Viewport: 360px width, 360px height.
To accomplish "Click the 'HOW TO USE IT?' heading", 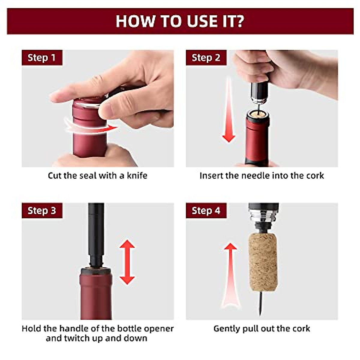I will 180,21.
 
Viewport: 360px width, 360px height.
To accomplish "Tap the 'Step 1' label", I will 42,58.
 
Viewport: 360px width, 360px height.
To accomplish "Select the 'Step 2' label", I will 206,58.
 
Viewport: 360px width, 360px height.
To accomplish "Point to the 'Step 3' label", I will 42,211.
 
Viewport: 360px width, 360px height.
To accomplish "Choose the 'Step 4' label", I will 206,211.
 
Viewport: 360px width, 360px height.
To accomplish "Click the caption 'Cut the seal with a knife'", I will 97,175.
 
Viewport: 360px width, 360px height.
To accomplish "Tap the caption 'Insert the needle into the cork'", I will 262,175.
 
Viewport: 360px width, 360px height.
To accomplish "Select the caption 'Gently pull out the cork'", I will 262,328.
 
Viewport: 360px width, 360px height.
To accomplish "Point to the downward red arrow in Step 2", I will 229,114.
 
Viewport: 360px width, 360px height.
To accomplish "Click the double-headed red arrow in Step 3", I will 127,262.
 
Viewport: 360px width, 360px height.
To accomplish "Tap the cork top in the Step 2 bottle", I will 257,114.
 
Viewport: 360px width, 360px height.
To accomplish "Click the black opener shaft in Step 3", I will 96,231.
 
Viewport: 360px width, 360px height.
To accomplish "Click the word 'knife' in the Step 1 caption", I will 137,175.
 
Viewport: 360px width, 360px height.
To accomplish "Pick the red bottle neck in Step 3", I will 96,294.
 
